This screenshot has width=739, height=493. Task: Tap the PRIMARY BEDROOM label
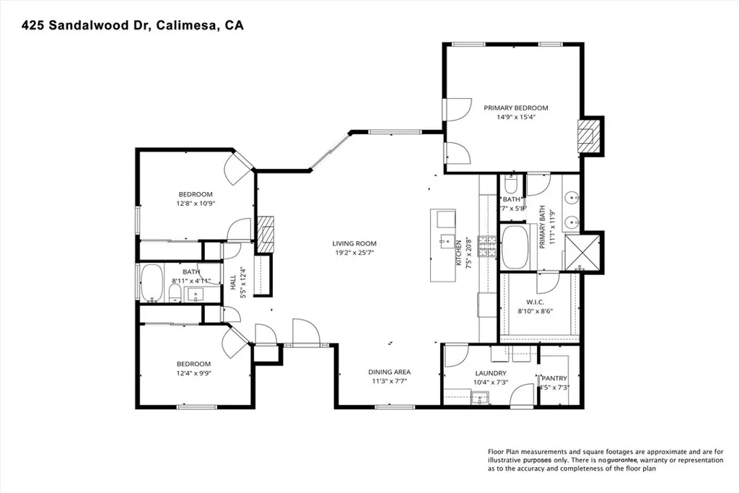coord(515,108)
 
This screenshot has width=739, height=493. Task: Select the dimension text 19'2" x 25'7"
coord(354,253)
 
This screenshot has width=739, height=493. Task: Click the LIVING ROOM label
coord(354,243)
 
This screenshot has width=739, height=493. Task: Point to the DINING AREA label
coord(390,372)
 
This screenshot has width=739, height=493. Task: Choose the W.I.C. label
coord(535,302)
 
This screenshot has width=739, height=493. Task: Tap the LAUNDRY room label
coord(490,372)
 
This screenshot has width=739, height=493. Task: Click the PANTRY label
coord(555,378)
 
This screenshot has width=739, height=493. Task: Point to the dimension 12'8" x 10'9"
coord(196,204)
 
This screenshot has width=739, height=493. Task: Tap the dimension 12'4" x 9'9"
coord(194,373)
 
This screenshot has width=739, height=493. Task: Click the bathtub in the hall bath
coord(152,283)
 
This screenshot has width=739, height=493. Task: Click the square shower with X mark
coord(582,252)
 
